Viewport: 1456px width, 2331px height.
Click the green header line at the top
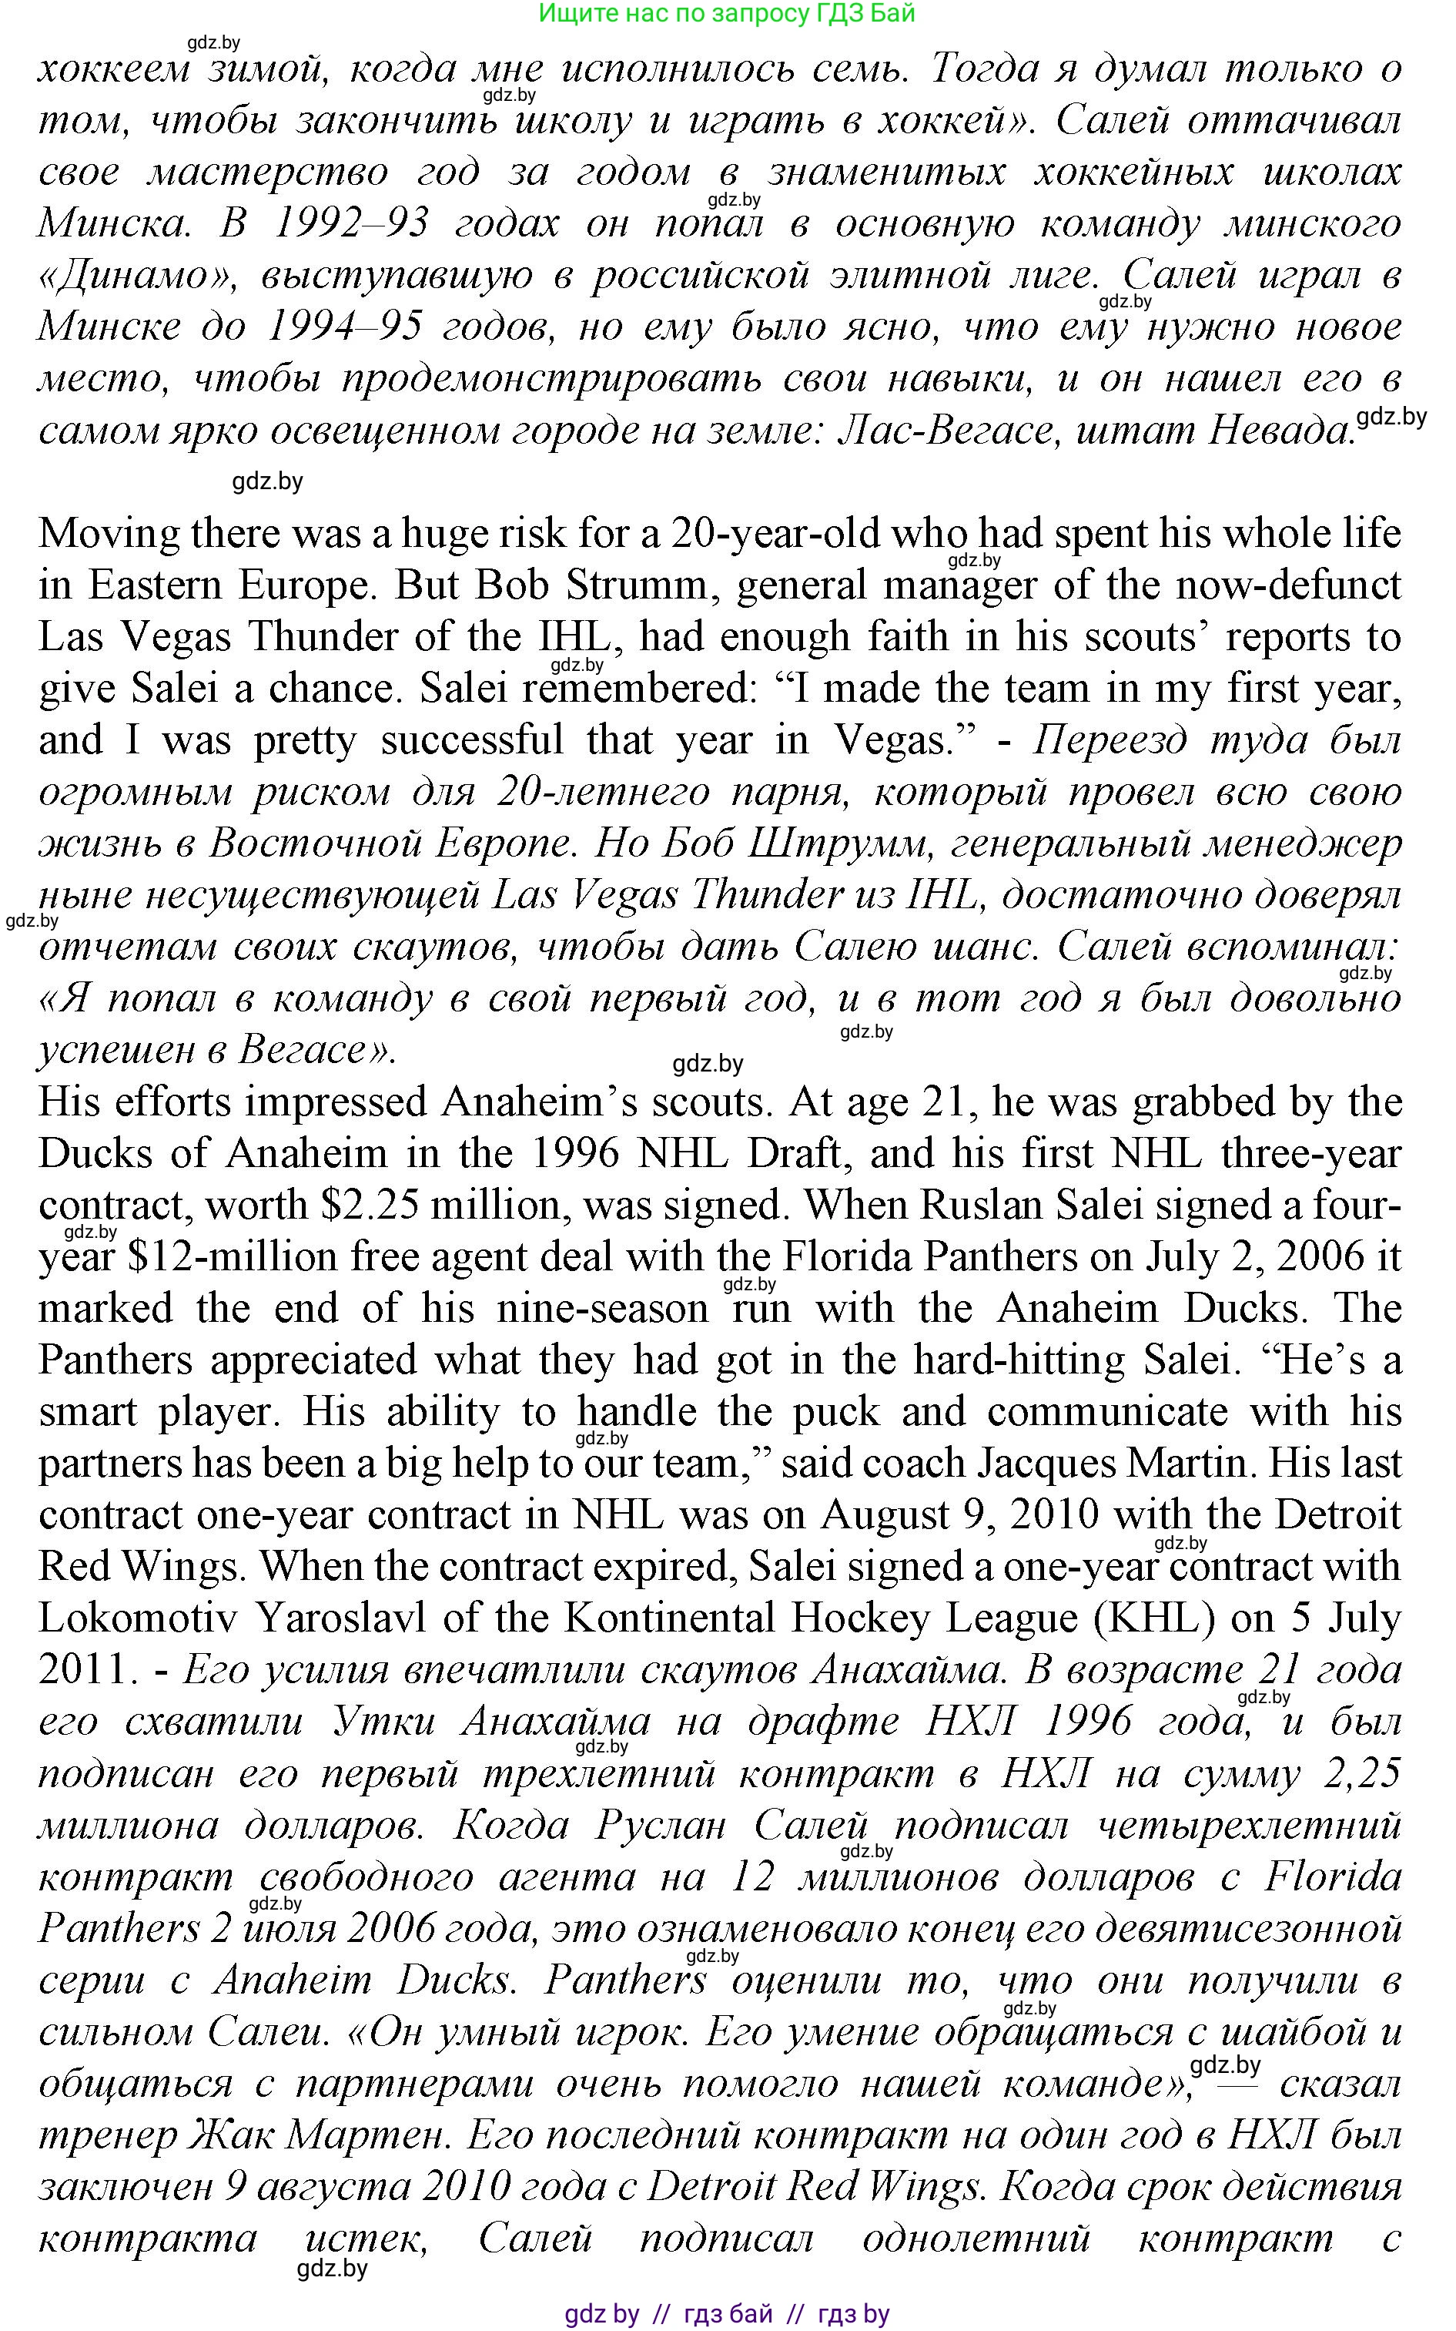(x=726, y=14)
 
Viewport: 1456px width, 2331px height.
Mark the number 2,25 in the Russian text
(x=1361, y=1773)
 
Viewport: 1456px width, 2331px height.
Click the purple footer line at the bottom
(x=726, y=2313)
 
